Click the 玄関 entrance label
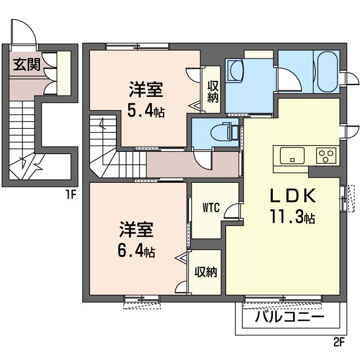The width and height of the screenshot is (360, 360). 26,65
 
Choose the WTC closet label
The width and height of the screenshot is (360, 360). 211,206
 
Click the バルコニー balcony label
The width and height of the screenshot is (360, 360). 290,317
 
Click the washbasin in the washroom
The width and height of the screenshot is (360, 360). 234,72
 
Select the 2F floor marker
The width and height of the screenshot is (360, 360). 337,341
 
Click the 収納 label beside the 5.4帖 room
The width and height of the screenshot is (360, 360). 212,91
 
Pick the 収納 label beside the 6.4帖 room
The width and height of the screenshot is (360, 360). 206,272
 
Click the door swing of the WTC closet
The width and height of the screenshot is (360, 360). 231,210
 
